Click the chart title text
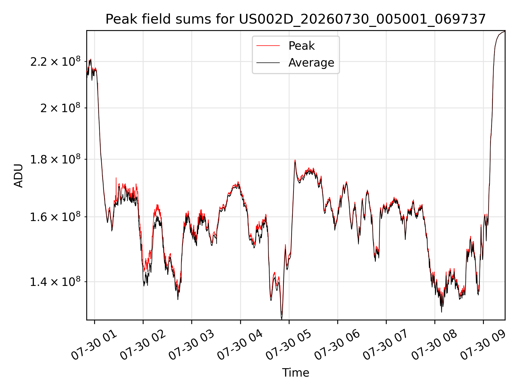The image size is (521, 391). pos(296,19)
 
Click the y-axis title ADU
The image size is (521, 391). pos(18,175)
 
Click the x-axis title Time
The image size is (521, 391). pos(296,373)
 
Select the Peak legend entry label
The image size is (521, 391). pos(301,46)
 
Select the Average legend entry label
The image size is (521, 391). pos(311,63)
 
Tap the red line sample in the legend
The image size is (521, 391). pos(268,46)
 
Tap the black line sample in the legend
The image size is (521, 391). pos(268,63)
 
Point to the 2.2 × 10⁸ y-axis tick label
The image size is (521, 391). pos(55,61)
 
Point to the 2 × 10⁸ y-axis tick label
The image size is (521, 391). pos(61,108)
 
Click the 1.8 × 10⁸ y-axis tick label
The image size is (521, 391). pos(55,159)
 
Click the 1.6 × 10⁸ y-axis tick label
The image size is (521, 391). pos(55,217)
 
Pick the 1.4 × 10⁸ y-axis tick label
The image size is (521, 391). pos(55,282)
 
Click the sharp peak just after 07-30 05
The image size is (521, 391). pos(295,160)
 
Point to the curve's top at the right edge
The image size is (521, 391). pos(504,31)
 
